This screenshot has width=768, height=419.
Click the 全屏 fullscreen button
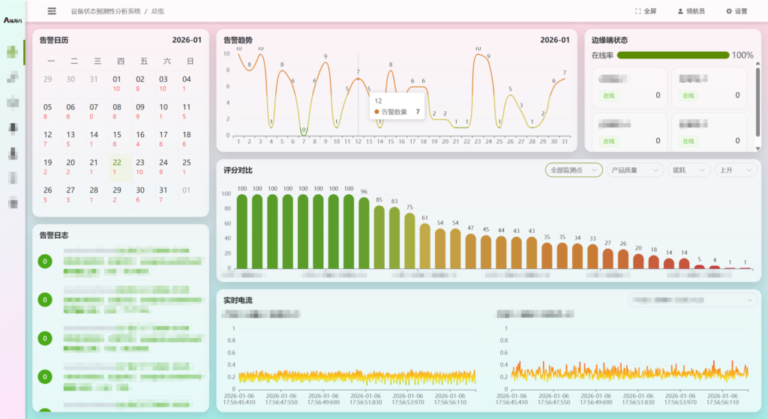click(645, 11)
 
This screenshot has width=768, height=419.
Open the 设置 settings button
click(736, 11)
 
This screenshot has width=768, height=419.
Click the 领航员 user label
click(690, 11)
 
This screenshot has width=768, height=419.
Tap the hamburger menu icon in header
click(52, 11)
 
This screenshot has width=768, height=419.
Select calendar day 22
click(116, 166)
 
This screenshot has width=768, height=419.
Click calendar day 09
click(139, 111)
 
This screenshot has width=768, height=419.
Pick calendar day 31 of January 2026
click(163, 193)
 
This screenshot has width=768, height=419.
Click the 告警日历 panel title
click(53, 40)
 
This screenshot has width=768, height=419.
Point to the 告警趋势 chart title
click(238, 40)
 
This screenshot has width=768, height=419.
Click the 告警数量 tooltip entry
click(396, 112)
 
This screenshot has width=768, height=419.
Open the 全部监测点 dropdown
click(574, 170)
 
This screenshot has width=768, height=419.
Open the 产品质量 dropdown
click(634, 170)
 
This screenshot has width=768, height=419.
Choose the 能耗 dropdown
click(688, 170)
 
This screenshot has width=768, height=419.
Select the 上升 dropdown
click(736, 170)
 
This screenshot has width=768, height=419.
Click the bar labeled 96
click(364, 232)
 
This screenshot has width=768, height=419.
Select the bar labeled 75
click(409, 241)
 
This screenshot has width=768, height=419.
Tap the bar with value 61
click(424, 246)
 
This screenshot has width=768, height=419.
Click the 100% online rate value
click(742, 55)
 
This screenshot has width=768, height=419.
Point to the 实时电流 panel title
click(238, 300)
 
